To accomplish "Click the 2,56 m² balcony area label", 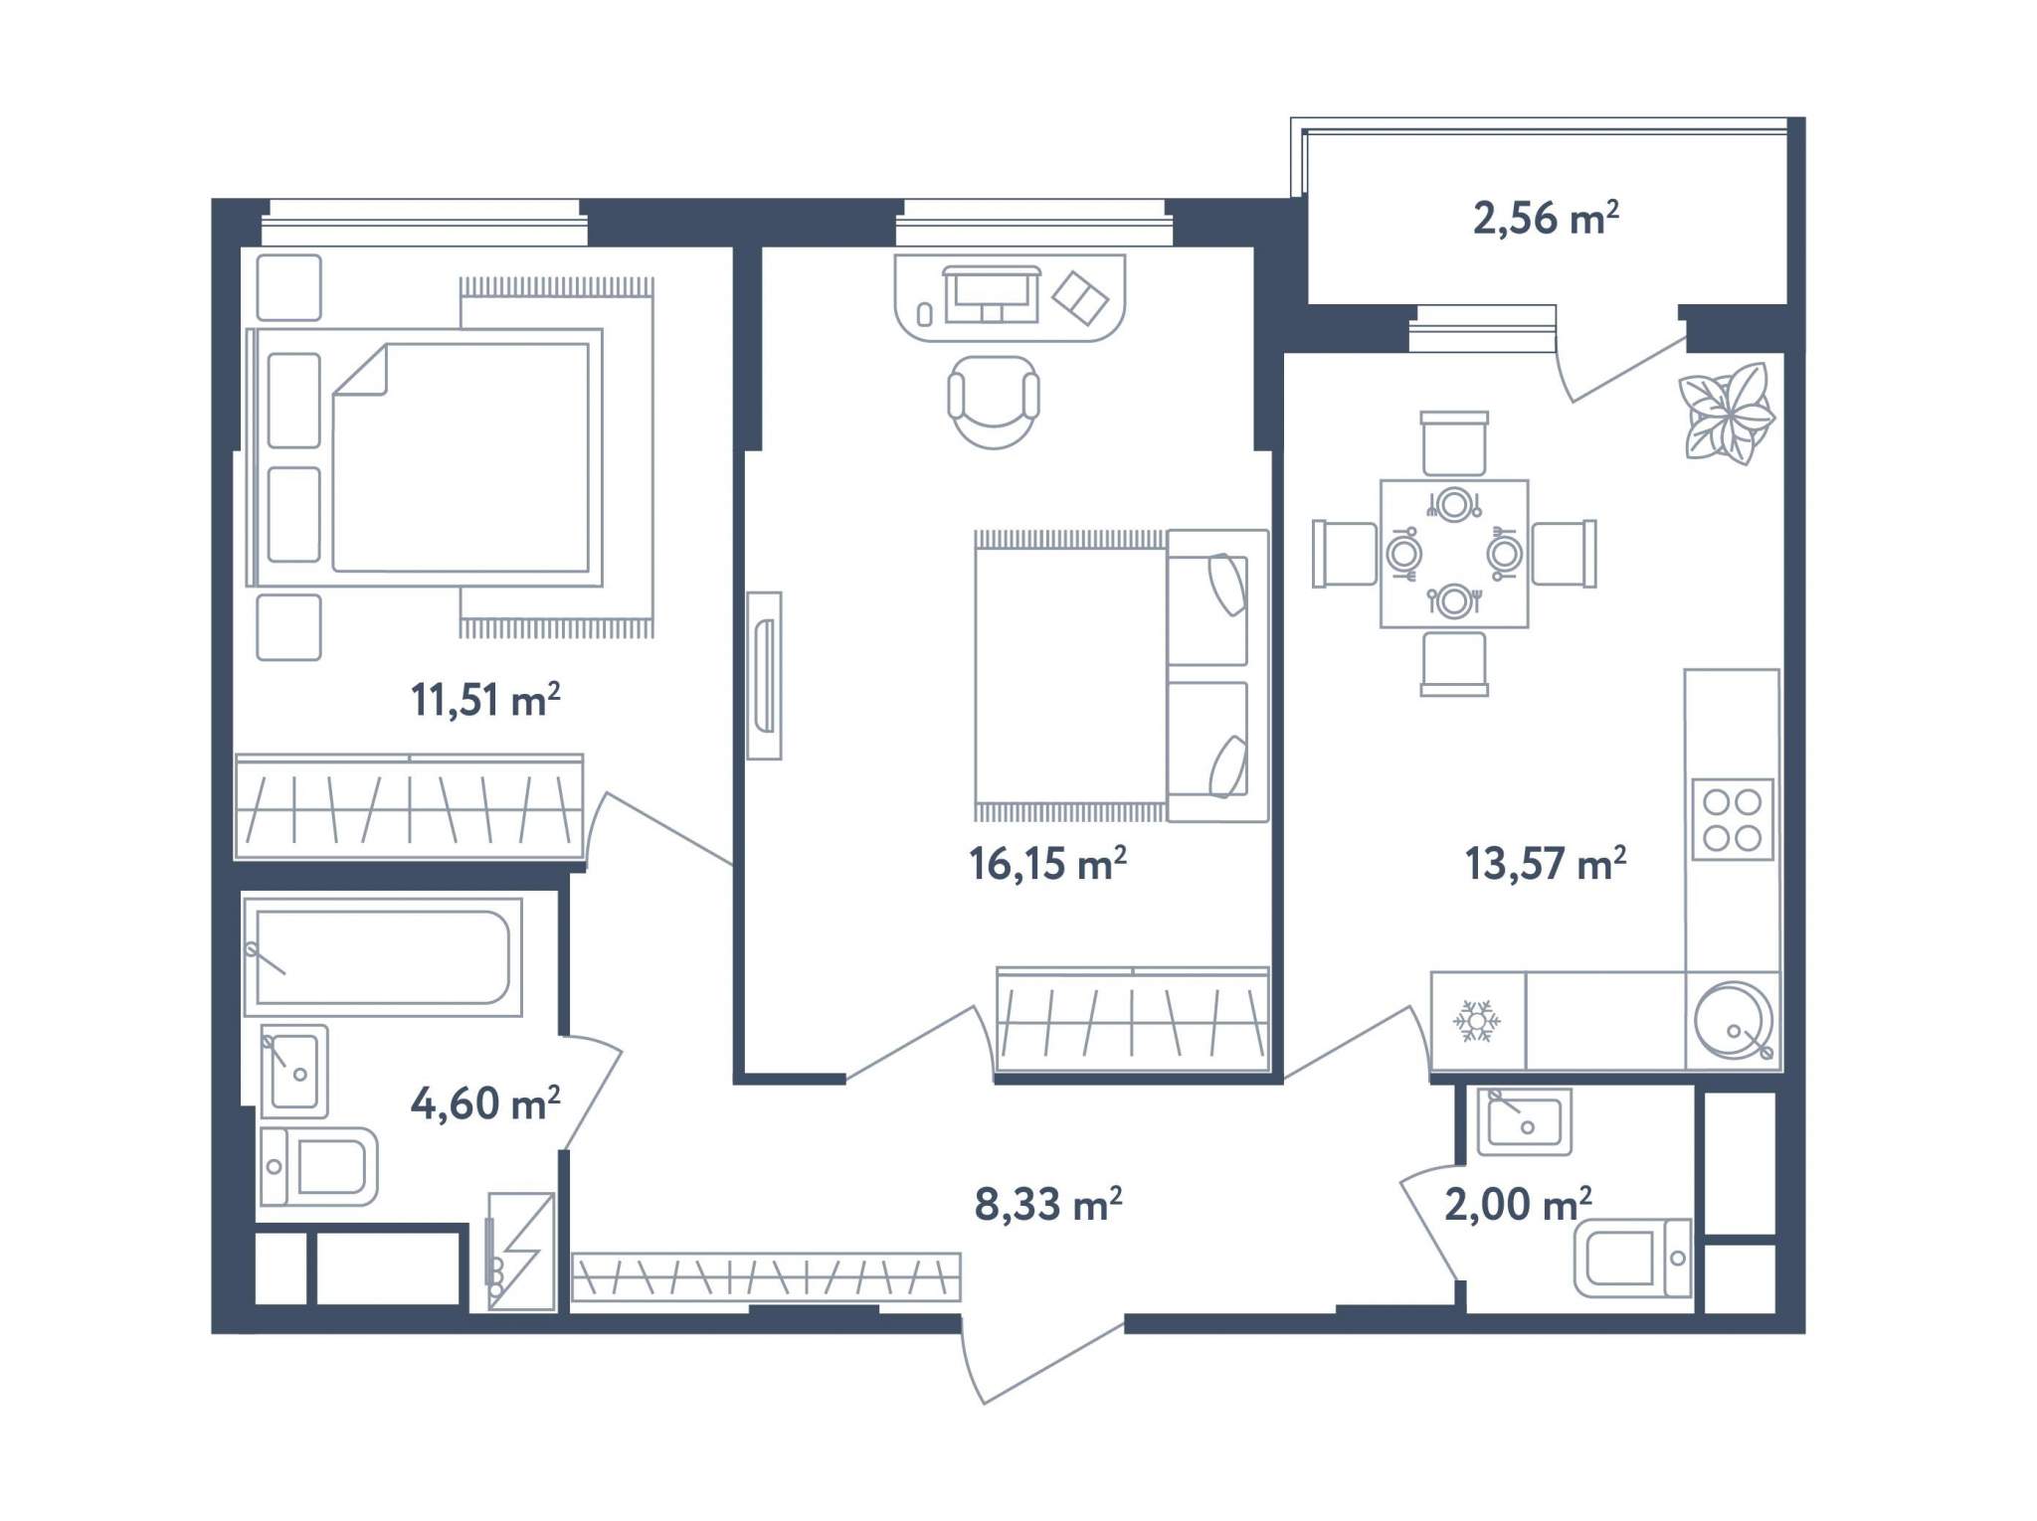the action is [1546, 218].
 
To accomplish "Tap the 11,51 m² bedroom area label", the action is [485, 700].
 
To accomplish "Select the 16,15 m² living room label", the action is [1047, 863].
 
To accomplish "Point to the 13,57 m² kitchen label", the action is [1545, 863].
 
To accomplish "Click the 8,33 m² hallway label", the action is [1048, 1204].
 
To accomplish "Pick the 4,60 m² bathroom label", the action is [485, 1102].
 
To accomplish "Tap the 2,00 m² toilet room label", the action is [1518, 1204].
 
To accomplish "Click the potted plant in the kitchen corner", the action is [1727, 414].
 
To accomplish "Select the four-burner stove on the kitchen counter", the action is [1733, 819].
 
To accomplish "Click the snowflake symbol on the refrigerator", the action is [1477, 1021].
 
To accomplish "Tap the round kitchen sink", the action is [1734, 1020].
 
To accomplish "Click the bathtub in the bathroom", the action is [383, 956].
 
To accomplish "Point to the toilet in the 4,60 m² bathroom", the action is [318, 1166].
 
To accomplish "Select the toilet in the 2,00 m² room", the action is [1632, 1258].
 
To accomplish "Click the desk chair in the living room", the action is [994, 402].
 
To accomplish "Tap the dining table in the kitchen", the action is [1454, 554].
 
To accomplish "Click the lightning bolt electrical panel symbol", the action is [520, 1252].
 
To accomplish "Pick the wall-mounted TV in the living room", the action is [764, 676].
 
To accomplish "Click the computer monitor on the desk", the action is [992, 294].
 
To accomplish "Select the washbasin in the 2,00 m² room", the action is [1524, 1121].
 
